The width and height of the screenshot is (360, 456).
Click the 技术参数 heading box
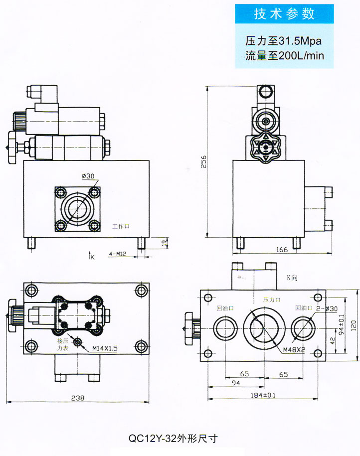[284, 14]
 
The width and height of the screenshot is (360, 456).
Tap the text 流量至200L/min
[284, 55]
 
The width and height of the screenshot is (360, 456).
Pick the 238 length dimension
[77, 398]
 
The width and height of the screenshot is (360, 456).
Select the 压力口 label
[272, 300]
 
